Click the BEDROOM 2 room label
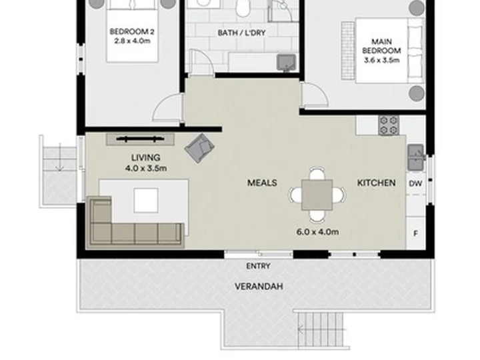point(132,31)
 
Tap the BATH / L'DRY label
point(241,33)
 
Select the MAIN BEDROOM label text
point(382,46)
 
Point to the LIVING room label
point(146,157)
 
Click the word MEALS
point(262,183)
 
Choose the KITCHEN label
point(376,183)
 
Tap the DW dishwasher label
point(415,183)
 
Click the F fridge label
point(415,233)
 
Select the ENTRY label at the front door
point(259,266)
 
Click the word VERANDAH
point(259,287)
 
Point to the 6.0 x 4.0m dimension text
point(317,232)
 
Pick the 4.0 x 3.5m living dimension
point(146,168)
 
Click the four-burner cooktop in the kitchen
point(389,125)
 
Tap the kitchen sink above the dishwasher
point(416,157)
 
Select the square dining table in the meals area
point(317,195)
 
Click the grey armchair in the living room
point(199,147)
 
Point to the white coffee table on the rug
point(146,200)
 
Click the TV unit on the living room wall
point(141,139)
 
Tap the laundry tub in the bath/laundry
point(286,63)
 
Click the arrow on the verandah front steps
point(322,330)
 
